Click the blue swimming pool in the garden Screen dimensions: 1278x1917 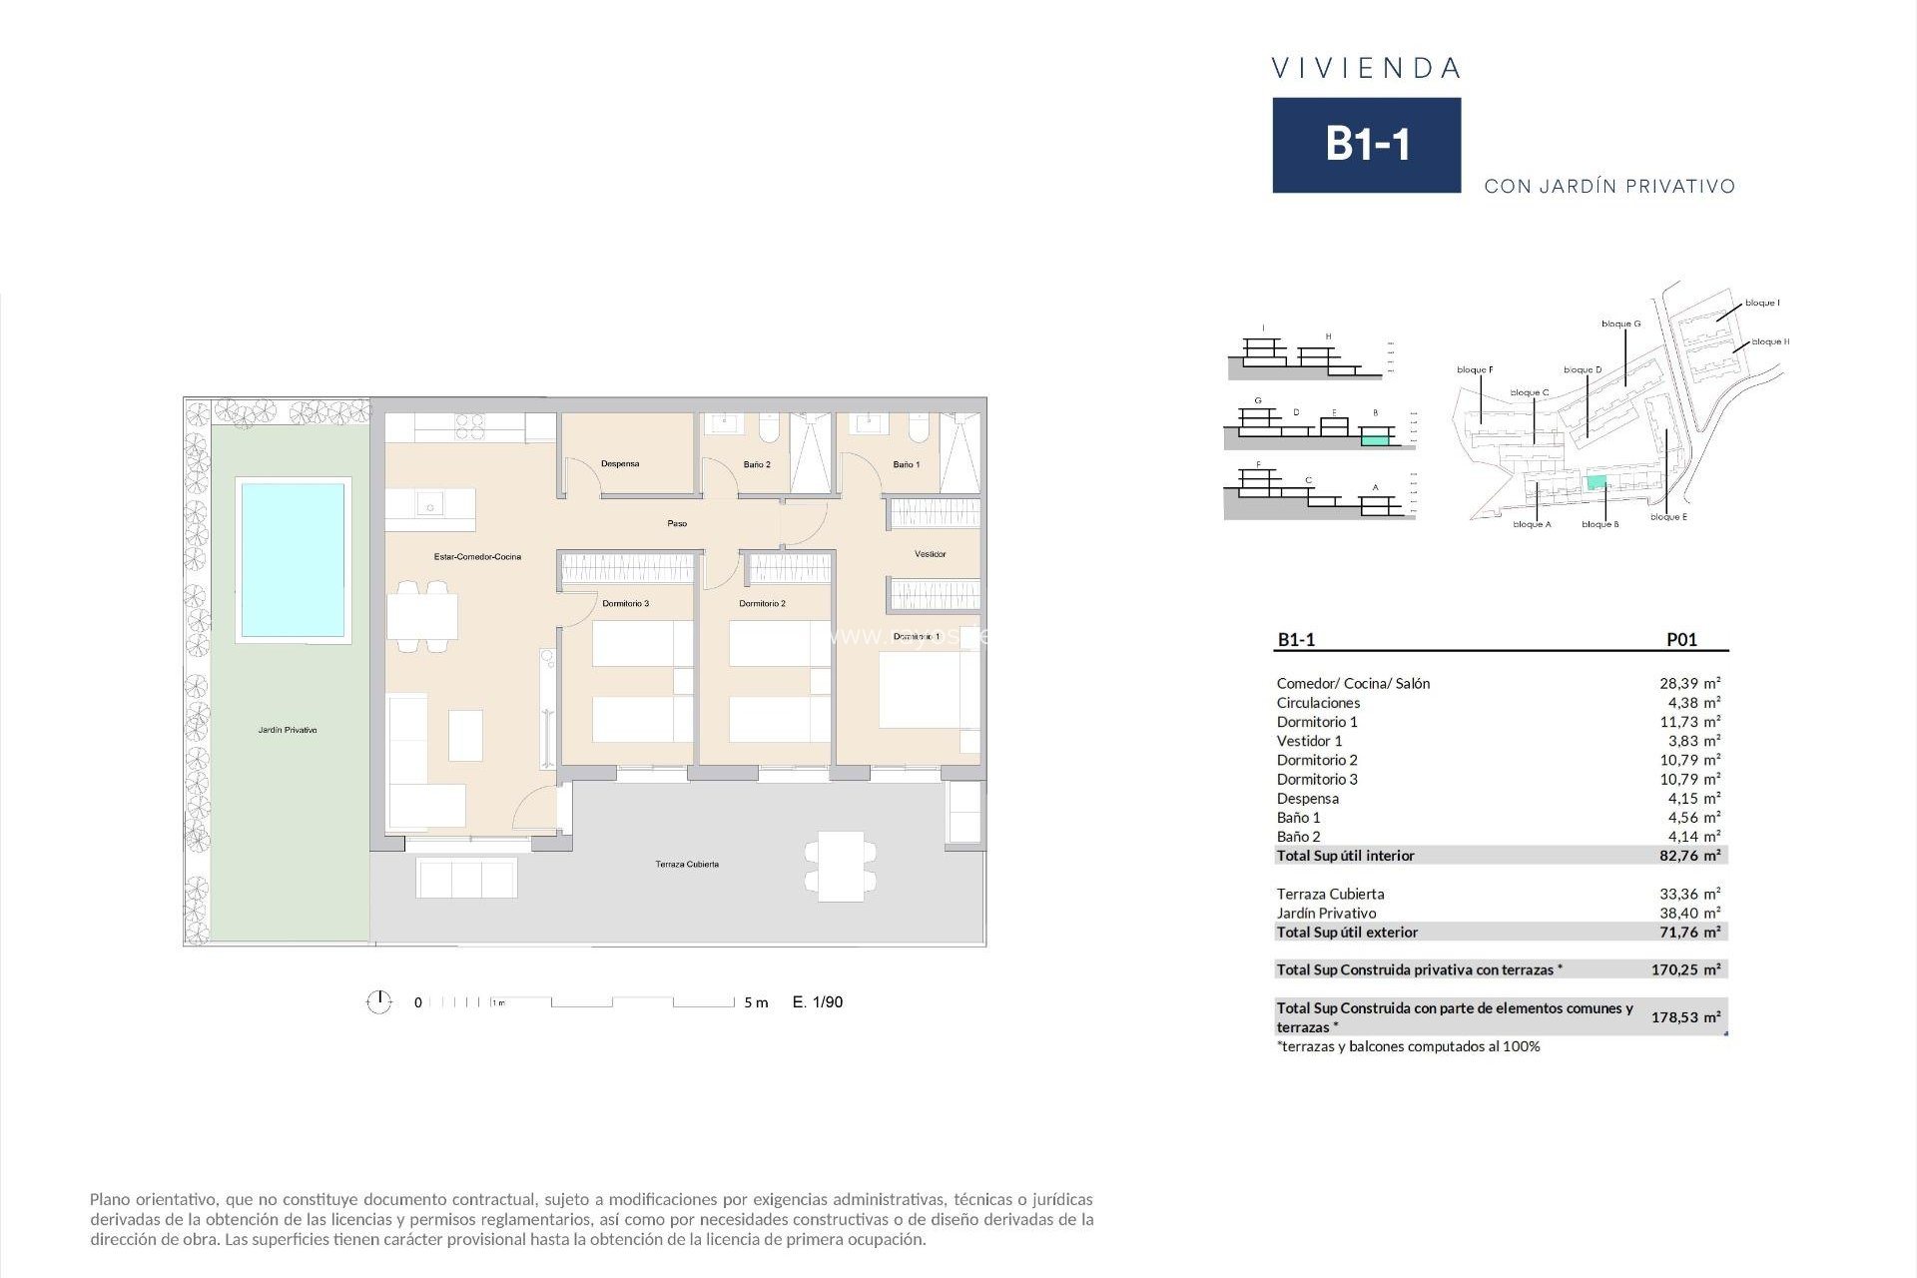[292, 560]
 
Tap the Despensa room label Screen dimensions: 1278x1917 [620, 464]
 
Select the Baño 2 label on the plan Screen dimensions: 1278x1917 [757, 465]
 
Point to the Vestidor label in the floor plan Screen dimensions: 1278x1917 [930, 554]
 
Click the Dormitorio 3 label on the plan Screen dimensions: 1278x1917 [625, 604]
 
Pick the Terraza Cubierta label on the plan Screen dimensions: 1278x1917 [687, 865]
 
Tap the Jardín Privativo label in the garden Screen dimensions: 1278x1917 [288, 731]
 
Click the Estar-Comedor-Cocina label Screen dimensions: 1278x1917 [477, 557]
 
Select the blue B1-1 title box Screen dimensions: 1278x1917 [1366, 145]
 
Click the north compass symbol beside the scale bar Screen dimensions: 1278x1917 [378, 1002]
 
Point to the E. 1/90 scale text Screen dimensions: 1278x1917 [818, 1002]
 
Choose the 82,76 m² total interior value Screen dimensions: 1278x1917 [1689, 856]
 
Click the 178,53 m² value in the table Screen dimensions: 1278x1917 [1685, 1017]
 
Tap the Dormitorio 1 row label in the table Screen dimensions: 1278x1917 [1317, 722]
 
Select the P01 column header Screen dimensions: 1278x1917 [1681, 640]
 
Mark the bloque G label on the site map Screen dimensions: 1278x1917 [1620, 324]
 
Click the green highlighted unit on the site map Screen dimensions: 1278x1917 [1597, 483]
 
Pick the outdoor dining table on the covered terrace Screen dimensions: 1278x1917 [841, 866]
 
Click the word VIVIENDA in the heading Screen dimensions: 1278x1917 [1366, 69]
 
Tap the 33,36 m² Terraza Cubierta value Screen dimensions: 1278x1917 [1689, 894]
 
